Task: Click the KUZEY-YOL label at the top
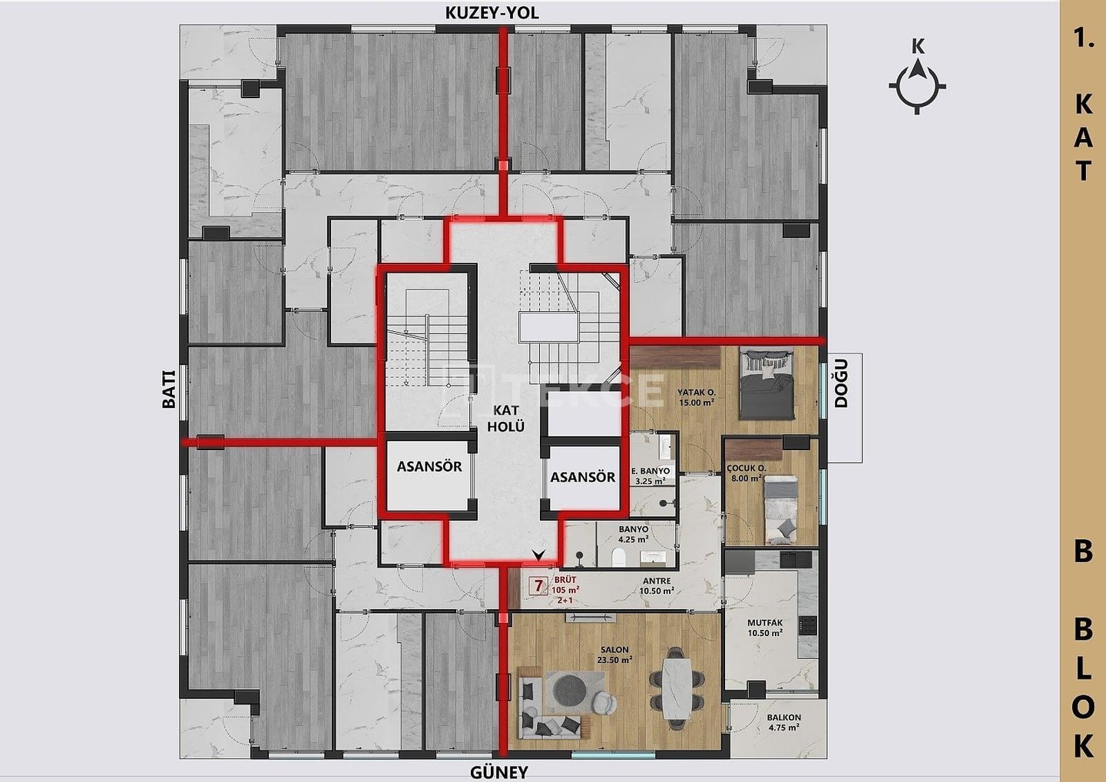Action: pyautogui.click(x=492, y=13)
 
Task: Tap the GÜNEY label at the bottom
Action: pyautogui.click(x=498, y=772)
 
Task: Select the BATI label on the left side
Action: pyautogui.click(x=169, y=389)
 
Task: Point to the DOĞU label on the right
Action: pyautogui.click(x=841, y=383)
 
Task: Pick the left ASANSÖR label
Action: pyautogui.click(x=429, y=466)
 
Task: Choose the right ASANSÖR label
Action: pyautogui.click(x=583, y=477)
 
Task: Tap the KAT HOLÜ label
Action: pyautogui.click(x=506, y=418)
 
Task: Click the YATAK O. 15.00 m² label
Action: pyautogui.click(x=697, y=397)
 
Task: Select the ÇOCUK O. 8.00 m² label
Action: pyautogui.click(x=746, y=473)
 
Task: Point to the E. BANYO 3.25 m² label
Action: pyautogui.click(x=651, y=476)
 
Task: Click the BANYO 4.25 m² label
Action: pyautogui.click(x=634, y=534)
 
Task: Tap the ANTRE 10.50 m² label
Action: pyautogui.click(x=656, y=586)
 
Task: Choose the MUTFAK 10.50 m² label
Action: pyautogui.click(x=765, y=628)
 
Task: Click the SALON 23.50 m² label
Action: pyautogui.click(x=614, y=654)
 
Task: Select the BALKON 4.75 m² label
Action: pyautogui.click(x=784, y=722)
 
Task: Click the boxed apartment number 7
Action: pyautogui.click(x=538, y=586)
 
